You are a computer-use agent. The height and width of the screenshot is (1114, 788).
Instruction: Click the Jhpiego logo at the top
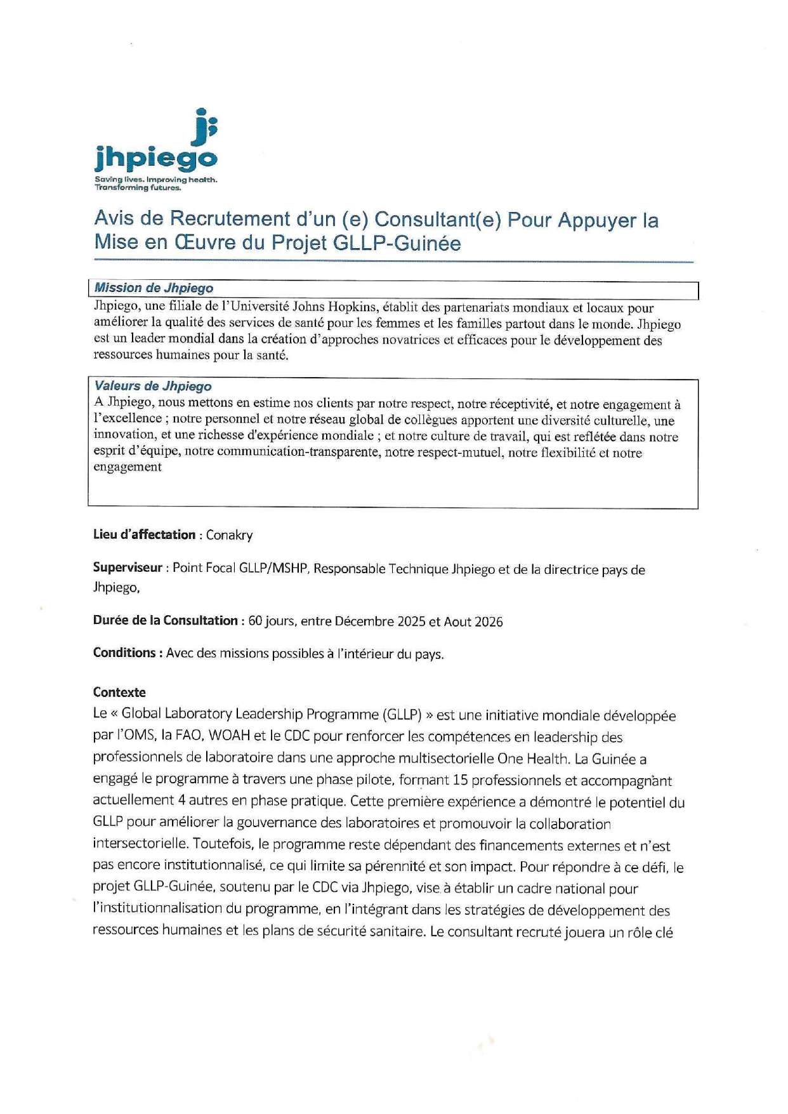156,149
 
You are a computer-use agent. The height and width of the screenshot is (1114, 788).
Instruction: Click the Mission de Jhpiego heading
154,288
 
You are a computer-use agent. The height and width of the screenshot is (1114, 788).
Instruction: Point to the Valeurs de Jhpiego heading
153,386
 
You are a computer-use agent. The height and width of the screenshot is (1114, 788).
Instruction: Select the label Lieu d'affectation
144,534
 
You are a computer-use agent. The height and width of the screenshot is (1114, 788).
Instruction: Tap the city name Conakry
229,535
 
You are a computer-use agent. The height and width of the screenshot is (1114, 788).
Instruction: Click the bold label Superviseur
128,567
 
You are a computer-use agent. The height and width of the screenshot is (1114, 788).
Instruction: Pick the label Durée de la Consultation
165,621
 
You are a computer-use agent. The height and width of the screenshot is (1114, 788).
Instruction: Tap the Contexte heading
119,693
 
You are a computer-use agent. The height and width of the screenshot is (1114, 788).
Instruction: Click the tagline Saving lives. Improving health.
156,180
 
